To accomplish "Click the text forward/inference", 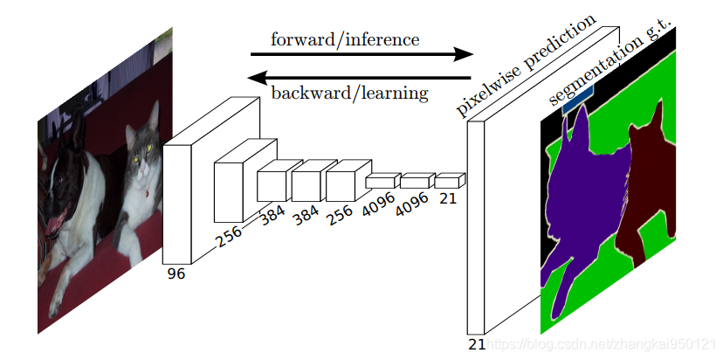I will tap(345, 39).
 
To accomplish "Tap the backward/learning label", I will tap(349, 92).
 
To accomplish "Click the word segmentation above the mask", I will tap(594, 69).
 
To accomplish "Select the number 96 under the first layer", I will tap(176, 273).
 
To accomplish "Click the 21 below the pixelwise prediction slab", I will tap(477, 344).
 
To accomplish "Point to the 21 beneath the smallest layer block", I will tap(448, 198).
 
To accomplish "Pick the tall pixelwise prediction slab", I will tap(476, 227).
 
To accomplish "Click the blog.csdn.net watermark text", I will tap(602, 346).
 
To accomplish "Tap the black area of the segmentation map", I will tap(554, 140).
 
